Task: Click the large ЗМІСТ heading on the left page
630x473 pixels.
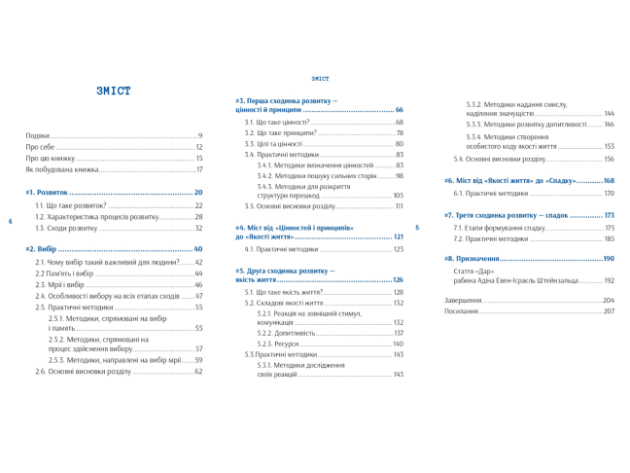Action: click(x=114, y=91)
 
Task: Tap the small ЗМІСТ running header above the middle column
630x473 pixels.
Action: click(x=320, y=78)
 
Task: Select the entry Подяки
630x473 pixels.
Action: click(x=39, y=135)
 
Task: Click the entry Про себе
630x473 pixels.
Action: click(x=41, y=147)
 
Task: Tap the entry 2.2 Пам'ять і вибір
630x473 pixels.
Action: click(x=66, y=273)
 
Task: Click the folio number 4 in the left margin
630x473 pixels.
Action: click(x=10, y=222)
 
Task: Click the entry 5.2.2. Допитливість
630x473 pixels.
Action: click(x=286, y=333)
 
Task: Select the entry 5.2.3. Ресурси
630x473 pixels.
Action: click(x=280, y=344)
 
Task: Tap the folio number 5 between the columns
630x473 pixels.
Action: click(x=417, y=228)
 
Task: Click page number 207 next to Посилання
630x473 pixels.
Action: click(x=608, y=310)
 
